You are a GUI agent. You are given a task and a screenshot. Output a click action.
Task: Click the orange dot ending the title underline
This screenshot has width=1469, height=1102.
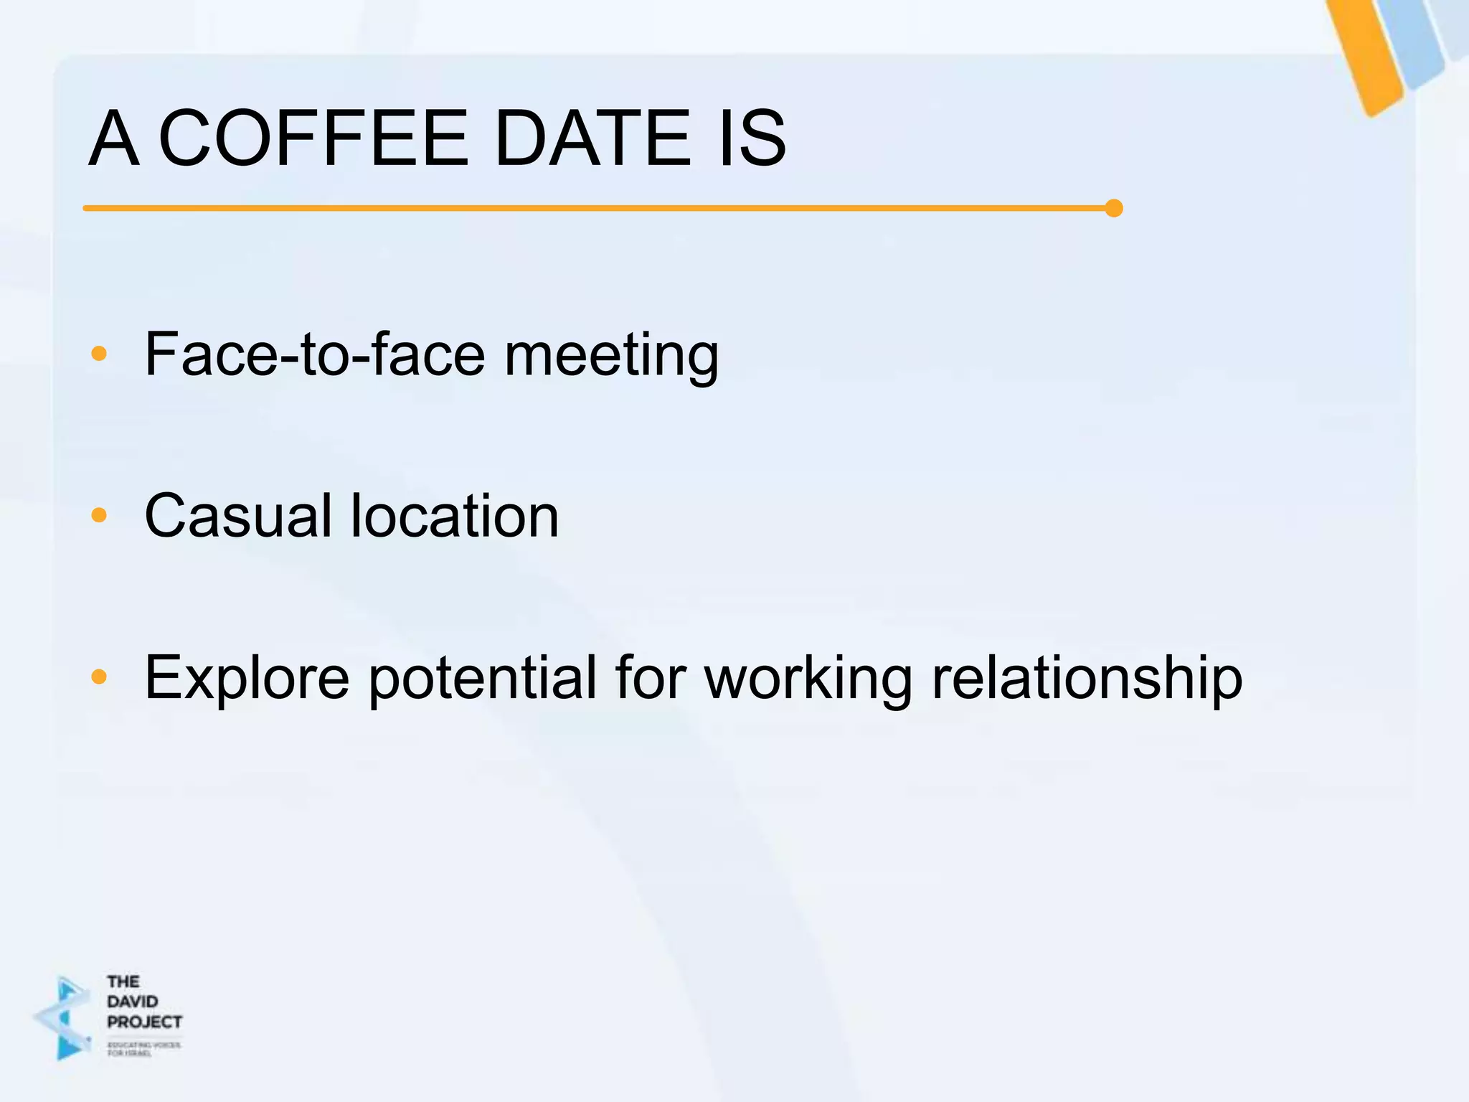[1114, 208]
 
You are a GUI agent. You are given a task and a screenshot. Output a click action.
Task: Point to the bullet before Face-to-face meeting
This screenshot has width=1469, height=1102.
[99, 354]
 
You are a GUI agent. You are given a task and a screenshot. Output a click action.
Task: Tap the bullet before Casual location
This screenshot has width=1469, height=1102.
[99, 515]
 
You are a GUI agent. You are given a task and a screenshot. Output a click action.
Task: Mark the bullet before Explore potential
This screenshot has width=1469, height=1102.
[99, 677]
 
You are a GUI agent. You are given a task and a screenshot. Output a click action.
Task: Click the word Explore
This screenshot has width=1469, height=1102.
[247, 678]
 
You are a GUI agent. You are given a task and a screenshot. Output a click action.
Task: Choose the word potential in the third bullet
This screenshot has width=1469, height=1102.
[482, 678]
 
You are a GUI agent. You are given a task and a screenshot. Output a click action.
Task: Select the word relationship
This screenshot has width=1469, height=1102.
[1087, 678]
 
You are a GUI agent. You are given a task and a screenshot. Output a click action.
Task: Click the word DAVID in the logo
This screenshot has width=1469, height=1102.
[133, 1002]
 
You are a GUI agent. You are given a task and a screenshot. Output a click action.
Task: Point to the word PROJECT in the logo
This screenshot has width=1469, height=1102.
[144, 1022]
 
